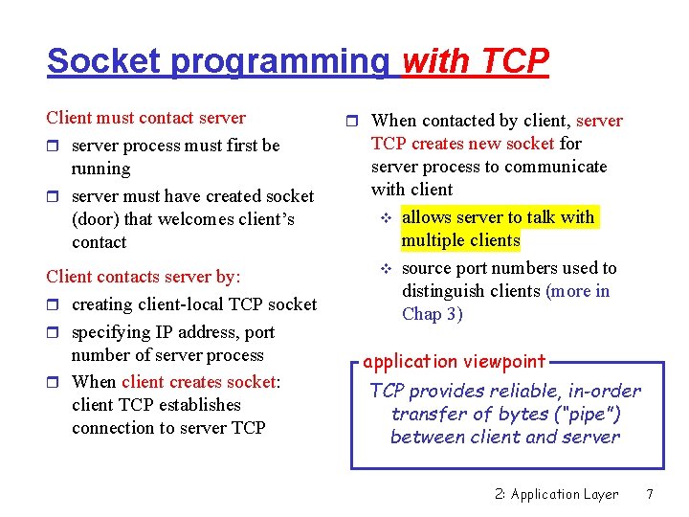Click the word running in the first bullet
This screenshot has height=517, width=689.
100,169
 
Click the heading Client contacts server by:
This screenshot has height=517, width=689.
144,277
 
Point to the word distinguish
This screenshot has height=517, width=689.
440,291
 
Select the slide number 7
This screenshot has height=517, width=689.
649,494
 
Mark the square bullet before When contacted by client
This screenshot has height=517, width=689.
352,122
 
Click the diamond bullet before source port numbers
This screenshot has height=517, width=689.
386,269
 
